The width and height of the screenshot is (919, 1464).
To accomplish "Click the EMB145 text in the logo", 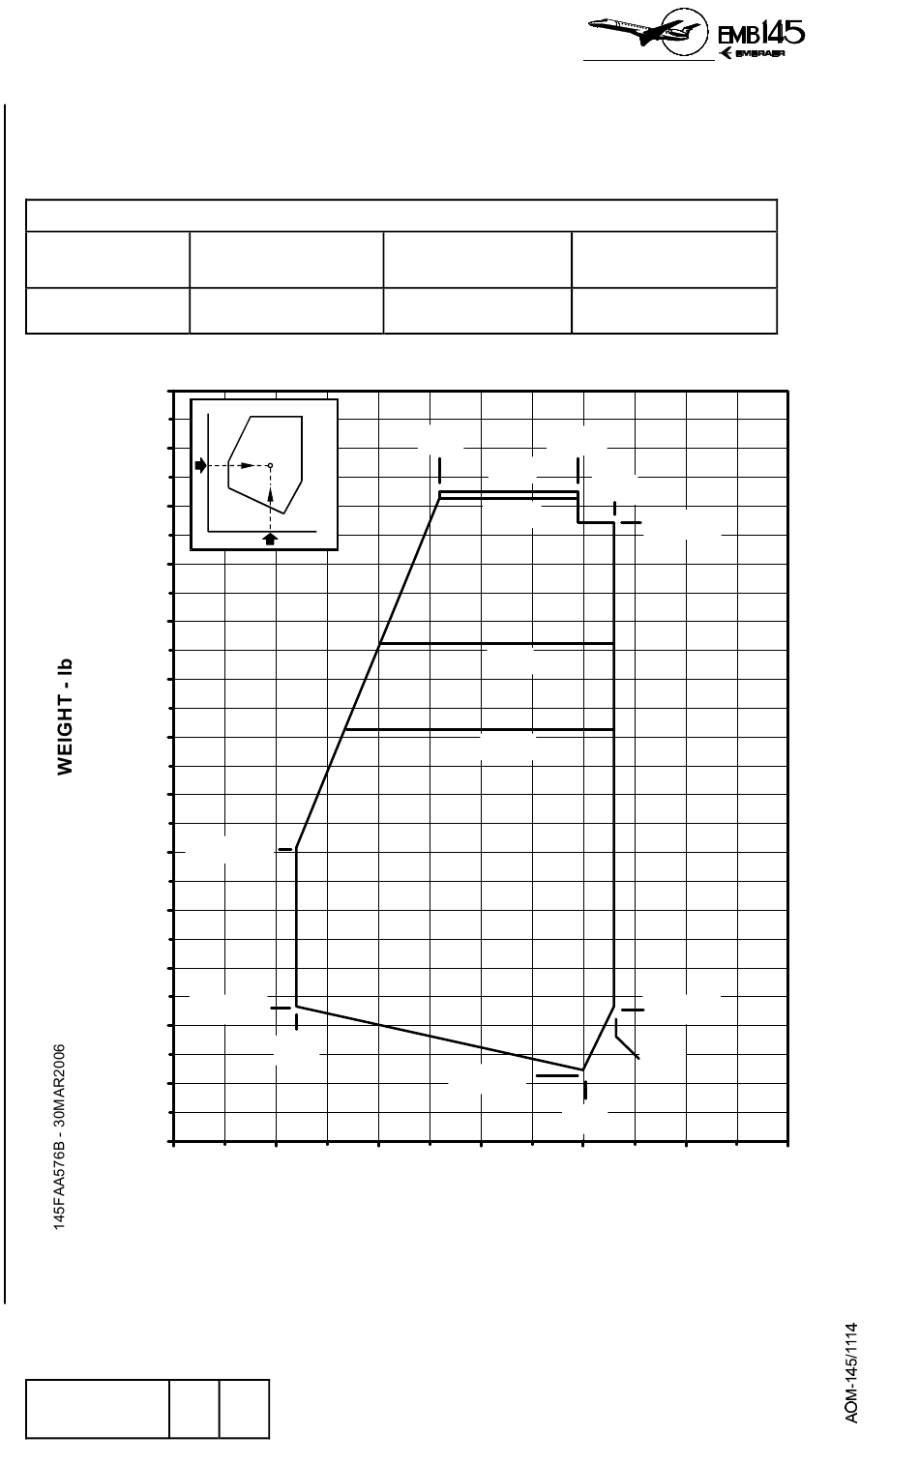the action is pos(760,33).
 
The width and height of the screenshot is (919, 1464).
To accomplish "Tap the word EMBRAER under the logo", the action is pos(760,53).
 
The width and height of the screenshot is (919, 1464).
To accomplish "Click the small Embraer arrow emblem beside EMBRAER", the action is pos(726,53).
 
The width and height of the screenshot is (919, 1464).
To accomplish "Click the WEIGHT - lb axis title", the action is pos(65,717).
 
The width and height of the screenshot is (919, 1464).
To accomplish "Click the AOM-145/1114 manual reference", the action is pos(851,1373).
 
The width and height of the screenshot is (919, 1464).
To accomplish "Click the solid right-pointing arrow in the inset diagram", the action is pos(200,465).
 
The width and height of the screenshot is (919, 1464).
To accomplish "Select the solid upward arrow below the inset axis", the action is pos(270,539).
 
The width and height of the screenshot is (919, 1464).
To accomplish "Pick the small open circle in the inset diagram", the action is pos(271,465).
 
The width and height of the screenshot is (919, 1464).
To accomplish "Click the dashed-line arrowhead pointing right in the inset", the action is pos(247,465).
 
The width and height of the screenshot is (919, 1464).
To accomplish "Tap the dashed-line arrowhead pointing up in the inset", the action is pos(271,495).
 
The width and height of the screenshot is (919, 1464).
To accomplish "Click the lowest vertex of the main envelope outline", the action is pos(582,1069).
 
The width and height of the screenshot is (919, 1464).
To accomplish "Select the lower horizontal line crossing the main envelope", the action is pos(479,729).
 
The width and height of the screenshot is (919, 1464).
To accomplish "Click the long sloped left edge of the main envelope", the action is pos(368,674).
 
